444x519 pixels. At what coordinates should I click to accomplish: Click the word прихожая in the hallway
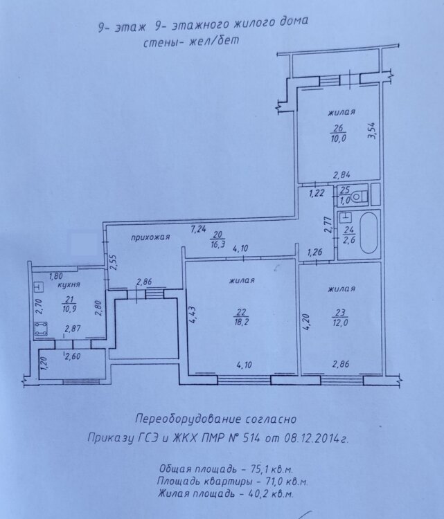pos(150,237)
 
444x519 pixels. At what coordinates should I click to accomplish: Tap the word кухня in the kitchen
pos(69,284)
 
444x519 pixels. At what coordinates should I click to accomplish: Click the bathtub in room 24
pos(368,233)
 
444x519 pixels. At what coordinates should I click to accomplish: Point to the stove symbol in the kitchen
pos(42,329)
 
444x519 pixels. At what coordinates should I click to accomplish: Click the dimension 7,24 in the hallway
pos(199,229)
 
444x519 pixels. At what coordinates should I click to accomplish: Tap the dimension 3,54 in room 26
pos(373,131)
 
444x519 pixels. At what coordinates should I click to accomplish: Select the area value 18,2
pos(241,322)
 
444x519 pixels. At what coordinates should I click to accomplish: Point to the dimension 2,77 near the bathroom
pos(328,224)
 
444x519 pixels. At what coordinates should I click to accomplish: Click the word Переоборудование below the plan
pos(188,419)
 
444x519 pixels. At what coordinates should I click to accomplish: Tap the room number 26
pos(338,128)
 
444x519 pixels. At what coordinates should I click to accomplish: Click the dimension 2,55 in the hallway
pos(114,263)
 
